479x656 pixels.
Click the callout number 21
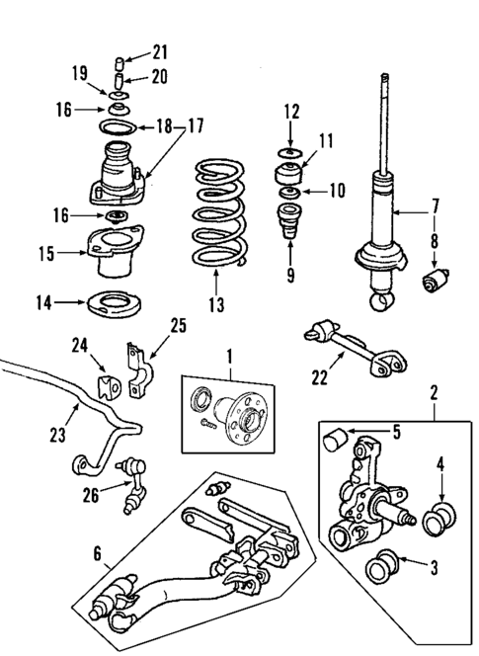tap(160, 52)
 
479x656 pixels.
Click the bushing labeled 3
tap(379, 570)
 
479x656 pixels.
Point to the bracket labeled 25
tap(133, 365)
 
